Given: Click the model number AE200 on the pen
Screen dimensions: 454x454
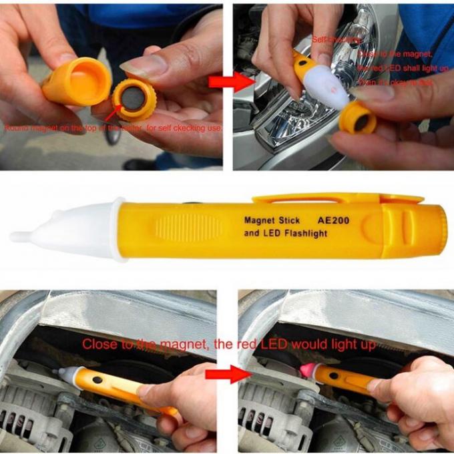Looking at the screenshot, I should (x=334, y=220).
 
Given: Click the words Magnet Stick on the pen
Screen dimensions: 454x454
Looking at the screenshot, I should (x=272, y=220).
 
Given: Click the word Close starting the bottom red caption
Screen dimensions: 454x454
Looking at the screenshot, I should (x=99, y=344).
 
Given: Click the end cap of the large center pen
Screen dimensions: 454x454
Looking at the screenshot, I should (x=437, y=228).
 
